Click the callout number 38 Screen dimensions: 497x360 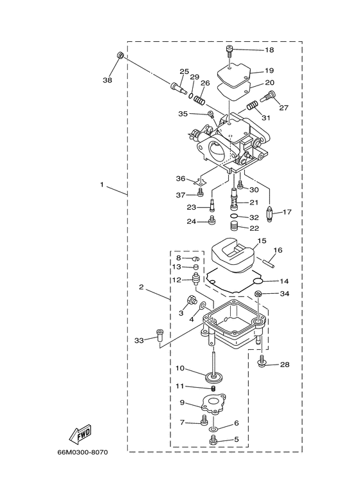click(107, 80)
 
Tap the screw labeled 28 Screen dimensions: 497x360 click(262, 363)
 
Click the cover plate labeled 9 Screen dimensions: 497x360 click(212, 404)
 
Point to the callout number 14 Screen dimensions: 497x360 click(283, 281)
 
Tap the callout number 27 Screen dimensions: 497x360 click(283, 107)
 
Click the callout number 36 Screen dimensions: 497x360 click(181, 179)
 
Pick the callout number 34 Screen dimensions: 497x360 click(283, 294)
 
